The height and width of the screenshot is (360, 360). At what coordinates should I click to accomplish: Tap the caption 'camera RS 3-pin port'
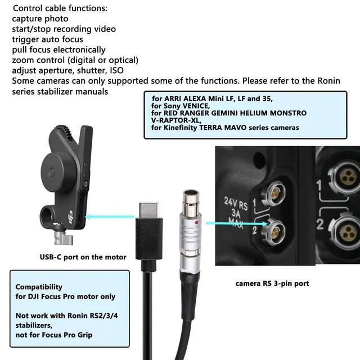click(272, 283)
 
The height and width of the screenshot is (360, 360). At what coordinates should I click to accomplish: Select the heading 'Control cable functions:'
click(60, 8)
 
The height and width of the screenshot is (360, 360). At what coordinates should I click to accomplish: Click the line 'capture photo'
click(40, 19)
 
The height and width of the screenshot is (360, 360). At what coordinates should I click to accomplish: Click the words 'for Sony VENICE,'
click(180, 105)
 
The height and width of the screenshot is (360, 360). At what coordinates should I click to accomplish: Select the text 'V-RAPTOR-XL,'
click(176, 120)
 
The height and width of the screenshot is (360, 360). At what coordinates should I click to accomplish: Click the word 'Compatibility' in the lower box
click(39, 286)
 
